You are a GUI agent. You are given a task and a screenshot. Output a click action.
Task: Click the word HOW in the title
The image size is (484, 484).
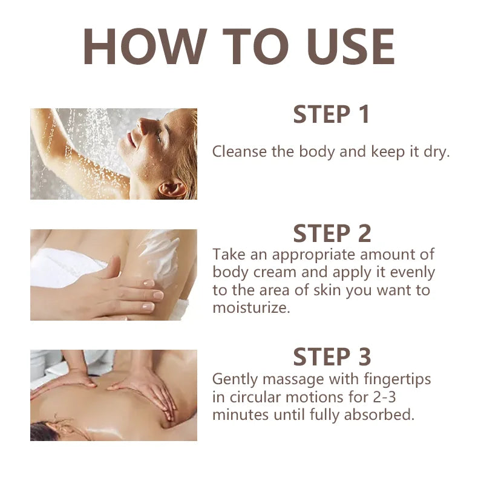point(140,47)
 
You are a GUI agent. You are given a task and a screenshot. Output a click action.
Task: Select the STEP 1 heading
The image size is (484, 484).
point(331,114)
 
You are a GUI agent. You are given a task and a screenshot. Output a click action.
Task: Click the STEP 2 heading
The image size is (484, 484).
point(331,234)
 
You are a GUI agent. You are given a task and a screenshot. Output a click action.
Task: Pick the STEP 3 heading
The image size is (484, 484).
point(331,357)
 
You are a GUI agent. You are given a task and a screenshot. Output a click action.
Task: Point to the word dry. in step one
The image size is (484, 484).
point(436,151)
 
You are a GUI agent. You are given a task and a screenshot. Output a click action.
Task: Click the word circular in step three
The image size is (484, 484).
point(253,397)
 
